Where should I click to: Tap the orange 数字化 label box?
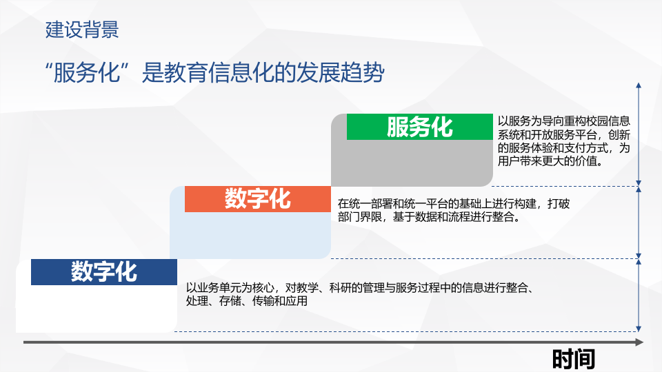pyautogui.click(x=257, y=199)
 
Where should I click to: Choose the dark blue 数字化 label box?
pyautogui.click(x=104, y=272)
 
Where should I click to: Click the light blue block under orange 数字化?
pyautogui.click(x=250, y=235)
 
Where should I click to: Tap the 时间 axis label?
pyautogui.click(x=573, y=359)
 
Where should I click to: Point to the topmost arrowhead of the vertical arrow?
pyautogui.click(x=639, y=85)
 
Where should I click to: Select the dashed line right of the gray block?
pyautogui.click(x=565, y=186)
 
